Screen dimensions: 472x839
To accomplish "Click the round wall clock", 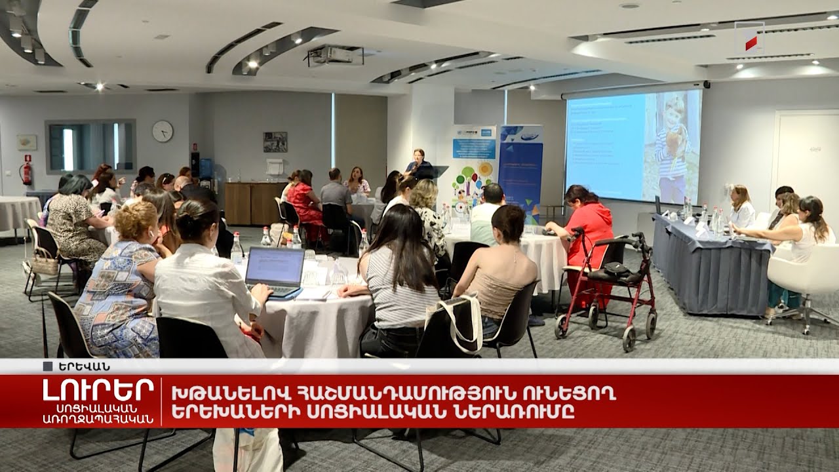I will click(x=163, y=131).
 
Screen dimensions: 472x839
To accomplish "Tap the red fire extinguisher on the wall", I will click(x=27, y=172).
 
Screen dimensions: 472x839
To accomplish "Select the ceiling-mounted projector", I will click(x=335, y=56).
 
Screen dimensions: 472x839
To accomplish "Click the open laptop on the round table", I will click(x=276, y=270).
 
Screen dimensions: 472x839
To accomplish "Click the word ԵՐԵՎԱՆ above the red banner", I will click(x=83, y=366).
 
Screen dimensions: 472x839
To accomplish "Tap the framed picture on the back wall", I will click(x=275, y=142).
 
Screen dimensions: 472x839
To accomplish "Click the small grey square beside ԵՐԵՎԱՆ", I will click(x=47, y=366).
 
